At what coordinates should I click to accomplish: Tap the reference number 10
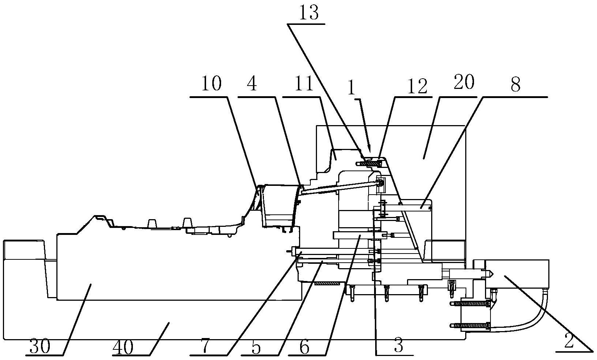[211, 84]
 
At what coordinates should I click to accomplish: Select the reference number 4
[252, 85]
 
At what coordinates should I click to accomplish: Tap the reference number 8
[515, 85]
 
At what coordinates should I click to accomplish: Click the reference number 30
[40, 347]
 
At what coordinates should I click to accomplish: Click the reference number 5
[256, 348]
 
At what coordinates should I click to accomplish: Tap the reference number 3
[399, 345]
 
